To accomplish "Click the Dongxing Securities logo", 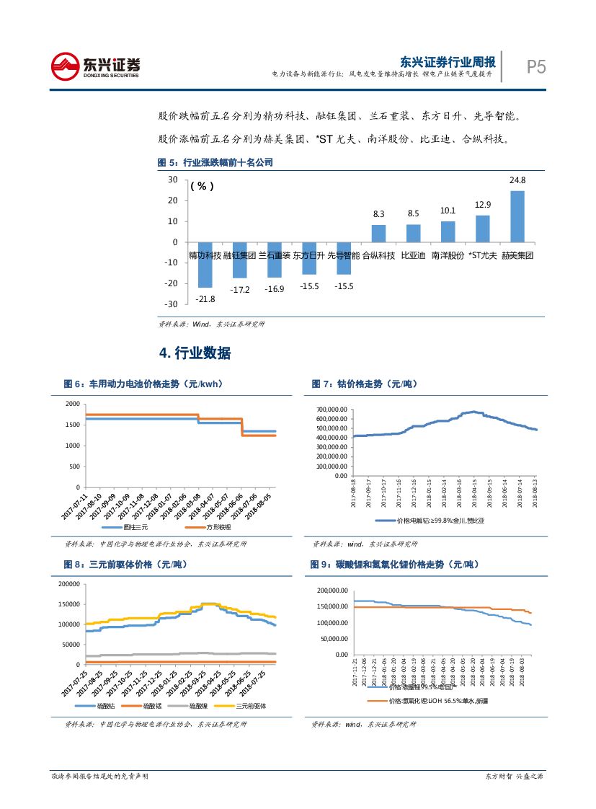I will click(x=96, y=66).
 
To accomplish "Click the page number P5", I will click(x=535, y=67).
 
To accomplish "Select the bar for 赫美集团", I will click(x=517, y=216).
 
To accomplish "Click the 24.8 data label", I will click(x=517, y=180).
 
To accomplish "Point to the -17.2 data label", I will click(x=239, y=290).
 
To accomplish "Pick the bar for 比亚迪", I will click(x=413, y=233).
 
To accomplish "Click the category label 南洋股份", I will click(x=448, y=255).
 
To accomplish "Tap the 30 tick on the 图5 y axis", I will click(x=173, y=180).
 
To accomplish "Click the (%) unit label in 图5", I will click(x=203, y=186).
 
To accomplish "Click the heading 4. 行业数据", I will click(x=195, y=353).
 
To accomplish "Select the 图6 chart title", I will click(x=143, y=384).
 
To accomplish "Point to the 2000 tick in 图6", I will click(x=72, y=404).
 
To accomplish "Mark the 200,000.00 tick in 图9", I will click(x=332, y=591).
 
